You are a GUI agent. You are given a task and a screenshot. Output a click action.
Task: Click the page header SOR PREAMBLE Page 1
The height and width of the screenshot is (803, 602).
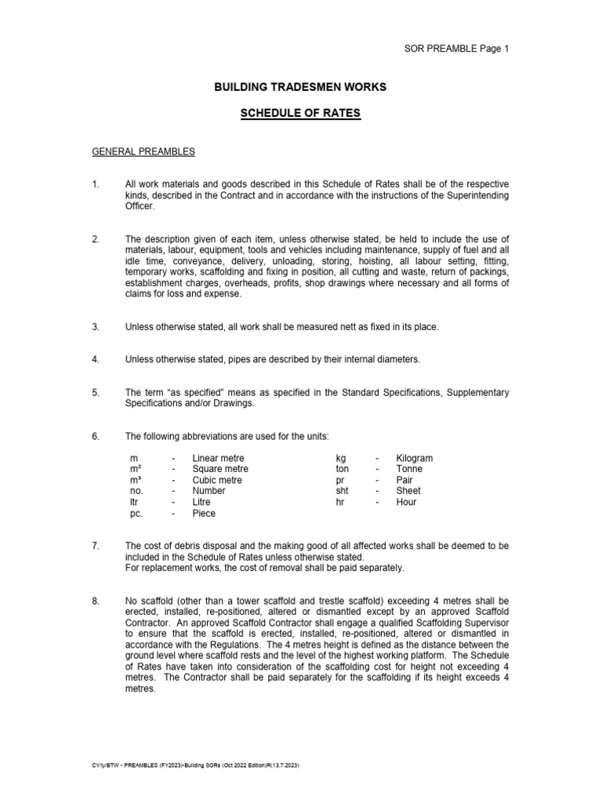point(456,49)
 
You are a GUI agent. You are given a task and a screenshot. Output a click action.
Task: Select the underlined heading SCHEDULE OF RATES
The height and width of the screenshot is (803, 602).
point(300,114)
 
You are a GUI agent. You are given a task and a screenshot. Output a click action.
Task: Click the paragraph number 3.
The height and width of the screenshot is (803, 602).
point(96,326)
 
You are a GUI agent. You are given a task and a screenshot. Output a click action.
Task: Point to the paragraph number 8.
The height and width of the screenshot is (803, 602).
point(96,601)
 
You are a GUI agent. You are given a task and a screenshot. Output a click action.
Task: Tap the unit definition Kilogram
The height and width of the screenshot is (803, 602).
point(414,458)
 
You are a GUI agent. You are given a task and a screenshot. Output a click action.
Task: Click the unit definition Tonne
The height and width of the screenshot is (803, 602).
point(410,469)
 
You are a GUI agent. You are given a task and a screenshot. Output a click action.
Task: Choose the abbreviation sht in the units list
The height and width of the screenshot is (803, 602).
point(342,491)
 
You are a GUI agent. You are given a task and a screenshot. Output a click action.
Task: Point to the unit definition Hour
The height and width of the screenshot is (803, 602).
point(406,502)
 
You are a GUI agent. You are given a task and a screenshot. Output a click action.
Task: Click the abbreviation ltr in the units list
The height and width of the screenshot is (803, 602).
point(134,502)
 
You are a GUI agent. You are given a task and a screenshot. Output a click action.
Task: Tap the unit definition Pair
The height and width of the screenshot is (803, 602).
point(405,480)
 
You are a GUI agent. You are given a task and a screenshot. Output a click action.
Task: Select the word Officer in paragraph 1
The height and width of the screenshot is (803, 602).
point(141,205)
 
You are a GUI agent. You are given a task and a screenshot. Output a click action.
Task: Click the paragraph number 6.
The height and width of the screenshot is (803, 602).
point(96,436)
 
